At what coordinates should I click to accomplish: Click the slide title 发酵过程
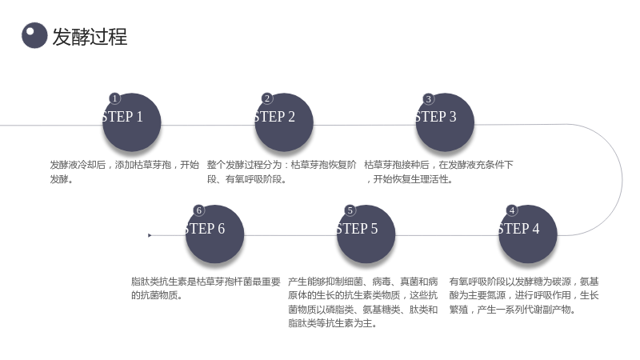(90, 37)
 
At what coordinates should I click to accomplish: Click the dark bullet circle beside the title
(34, 35)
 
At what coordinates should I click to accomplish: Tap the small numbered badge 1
(114, 98)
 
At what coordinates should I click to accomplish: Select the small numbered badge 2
(267, 98)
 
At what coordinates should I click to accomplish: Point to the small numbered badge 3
(428, 98)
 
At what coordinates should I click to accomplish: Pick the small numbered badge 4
(512, 210)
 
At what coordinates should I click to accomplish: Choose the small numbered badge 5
(350, 210)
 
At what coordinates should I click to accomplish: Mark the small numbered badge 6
(198, 210)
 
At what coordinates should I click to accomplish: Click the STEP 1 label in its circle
(123, 117)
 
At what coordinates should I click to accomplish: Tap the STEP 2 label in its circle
(275, 117)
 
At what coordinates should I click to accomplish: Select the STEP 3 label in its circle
(436, 117)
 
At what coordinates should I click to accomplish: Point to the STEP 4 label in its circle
(519, 229)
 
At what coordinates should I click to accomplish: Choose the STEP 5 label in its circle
(358, 229)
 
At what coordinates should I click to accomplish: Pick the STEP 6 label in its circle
(206, 229)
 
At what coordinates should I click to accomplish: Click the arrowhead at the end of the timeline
(150, 235)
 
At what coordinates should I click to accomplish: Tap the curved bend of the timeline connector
(622, 179)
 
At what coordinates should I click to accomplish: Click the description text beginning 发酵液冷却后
(125, 172)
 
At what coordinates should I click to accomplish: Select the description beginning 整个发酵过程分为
(282, 172)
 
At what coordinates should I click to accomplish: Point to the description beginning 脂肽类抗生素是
(206, 288)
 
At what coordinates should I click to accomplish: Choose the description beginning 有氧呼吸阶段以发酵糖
(524, 295)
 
